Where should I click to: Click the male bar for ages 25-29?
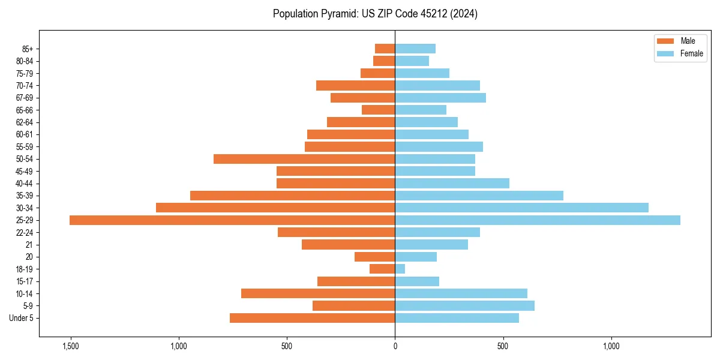tap(232, 220)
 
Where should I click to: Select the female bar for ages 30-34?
tap(521, 208)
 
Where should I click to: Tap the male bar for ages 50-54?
tap(304, 159)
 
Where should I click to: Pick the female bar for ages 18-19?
tap(400, 269)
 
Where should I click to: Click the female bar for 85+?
tap(415, 49)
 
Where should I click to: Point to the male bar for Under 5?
tap(312, 318)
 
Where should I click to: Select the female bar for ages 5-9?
tap(464, 305)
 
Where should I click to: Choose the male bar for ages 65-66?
tap(378, 110)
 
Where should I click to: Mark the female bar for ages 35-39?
tap(479, 196)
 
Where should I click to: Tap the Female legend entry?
tap(680, 53)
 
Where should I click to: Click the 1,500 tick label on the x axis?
tap(71, 346)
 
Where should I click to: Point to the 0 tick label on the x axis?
tap(395, 346)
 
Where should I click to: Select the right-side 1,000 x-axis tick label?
tap(611, 346)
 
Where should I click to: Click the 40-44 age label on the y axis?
tap(25, 184)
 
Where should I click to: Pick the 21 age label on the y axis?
tap(29, 245)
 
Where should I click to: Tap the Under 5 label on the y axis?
tap(21, 318)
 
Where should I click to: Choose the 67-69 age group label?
tap(25, 98)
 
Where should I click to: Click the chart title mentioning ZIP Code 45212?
tap(375, 14)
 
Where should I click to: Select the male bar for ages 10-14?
tap(318, 293)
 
